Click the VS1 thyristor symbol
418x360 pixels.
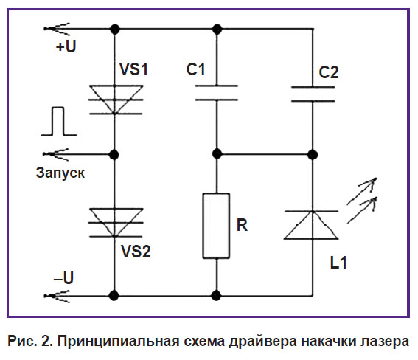click(x=115, y=100)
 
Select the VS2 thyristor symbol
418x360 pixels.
click(x=115, y=222)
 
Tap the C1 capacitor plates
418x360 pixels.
click(x=217, y=93)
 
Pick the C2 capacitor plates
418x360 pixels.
click(x=313, y=94)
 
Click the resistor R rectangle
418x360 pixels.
click(x=216, y=226)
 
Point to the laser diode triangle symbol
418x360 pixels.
click(x=311, y=225)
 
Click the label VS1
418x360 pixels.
click(x=133, y=69)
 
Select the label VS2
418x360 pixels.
click(x=136, y=252)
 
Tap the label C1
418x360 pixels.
click(x=196, y=69)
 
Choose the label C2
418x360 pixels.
click(x=329, y=72)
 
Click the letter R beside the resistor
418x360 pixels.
click(x=242, y=225)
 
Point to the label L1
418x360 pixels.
click(x=338, y=263)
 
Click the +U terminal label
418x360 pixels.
click(x=66, y=46)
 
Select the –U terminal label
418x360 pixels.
click(x=63, y=278)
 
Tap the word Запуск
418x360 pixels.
click(x=60, y=173)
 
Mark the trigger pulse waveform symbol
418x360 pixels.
click(x=59, y=121)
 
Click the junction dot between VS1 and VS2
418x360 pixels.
click(x=114, y=154)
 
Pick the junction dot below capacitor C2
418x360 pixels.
click(x=313, y=154)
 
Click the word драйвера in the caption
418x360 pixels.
click(x=263, y=341)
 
